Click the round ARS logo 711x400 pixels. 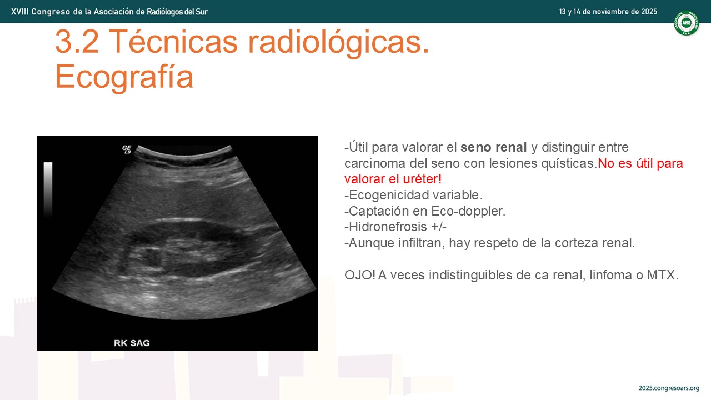[x=687, y=23]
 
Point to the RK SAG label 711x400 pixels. [x=132, y=343]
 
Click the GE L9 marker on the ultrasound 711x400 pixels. [x=127, y=149]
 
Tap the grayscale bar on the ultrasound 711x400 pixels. [x=48, y=189]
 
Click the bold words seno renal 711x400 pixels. [x=494, y=147]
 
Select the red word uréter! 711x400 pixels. [x=422, y=179]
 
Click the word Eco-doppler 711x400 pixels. [x=468, y=211]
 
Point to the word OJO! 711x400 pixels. [x=360, y=275]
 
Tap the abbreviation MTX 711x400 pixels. [x=663, y=275]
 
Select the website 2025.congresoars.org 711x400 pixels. [x=669, y=388]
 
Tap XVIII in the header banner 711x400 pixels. [x=19, y=12]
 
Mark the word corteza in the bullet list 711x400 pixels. [x=575, y=243]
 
